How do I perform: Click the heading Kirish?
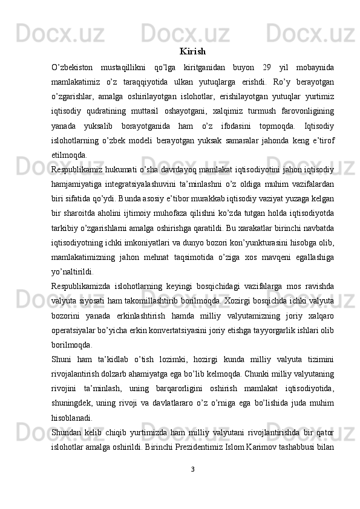pos(192,51)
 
